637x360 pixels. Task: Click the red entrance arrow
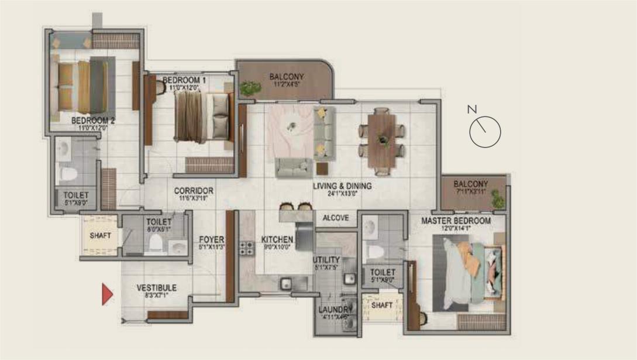(x=107, y=294)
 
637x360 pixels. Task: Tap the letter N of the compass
(x=472, y=109)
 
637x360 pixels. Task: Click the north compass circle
(x=485, y=132)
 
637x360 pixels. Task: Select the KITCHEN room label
(x=277, y=240)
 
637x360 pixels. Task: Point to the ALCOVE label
(x=336, y=218)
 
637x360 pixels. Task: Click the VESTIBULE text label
(x=156, y=288)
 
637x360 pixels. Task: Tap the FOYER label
(x=209, y=239)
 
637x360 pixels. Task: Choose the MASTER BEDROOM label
(x=456, y=221)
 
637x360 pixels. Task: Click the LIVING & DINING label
(x=342, y=187)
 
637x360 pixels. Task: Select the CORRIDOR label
(x=194, y=191)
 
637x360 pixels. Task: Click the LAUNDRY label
(x=335, y=310)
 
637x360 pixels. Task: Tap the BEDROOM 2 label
(x=93, y=121)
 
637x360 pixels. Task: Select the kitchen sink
(x=287, y=284)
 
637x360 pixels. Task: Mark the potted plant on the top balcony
(x=250, y=88)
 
